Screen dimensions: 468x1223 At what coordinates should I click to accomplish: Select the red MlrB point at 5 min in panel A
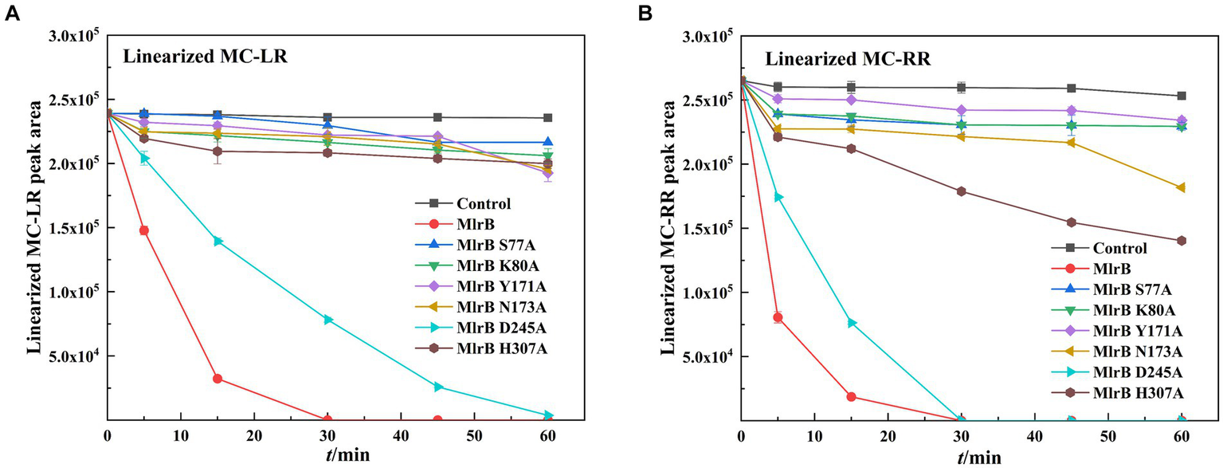point(144,230)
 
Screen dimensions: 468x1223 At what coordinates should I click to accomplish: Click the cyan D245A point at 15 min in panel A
point(218,241)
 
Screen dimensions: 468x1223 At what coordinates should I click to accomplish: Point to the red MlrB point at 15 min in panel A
point(218,378)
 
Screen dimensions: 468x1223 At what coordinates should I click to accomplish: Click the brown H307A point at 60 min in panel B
point(1182,241)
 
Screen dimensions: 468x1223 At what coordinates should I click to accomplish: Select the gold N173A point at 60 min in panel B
point(1182,187)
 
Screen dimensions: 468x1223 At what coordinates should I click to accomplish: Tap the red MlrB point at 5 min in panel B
point(778,317)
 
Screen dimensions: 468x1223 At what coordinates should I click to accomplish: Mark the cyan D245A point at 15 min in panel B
point(852,323)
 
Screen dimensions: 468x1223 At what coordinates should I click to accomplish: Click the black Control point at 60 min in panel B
point(1182,96)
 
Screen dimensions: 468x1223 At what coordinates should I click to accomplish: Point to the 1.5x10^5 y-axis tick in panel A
point(77,228)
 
